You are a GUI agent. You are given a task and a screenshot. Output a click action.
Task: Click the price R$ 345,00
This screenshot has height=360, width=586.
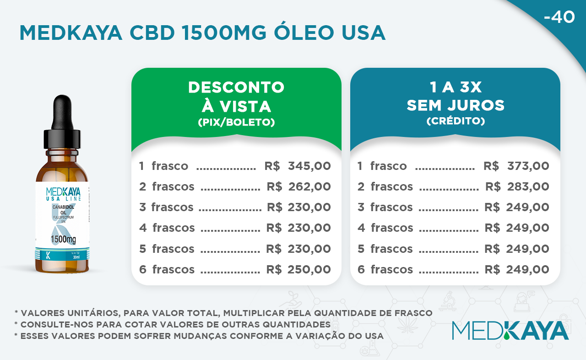(298, 166)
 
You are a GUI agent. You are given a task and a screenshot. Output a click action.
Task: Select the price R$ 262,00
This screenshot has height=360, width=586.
(299, 187)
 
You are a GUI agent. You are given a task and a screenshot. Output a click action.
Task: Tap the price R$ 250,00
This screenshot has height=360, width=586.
(298, 269)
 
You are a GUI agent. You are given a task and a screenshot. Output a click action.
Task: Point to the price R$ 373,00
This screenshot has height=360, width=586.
(516, 166)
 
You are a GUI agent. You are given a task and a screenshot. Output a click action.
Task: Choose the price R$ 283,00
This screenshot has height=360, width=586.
(517, 187)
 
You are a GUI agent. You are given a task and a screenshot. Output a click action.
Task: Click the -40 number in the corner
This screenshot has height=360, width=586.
(559, 17)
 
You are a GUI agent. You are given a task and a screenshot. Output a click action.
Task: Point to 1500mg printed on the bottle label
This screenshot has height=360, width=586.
(63, 239)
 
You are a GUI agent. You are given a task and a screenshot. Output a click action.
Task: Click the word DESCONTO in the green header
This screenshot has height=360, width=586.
(236, 87)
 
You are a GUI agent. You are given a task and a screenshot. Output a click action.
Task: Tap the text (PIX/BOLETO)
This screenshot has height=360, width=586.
(236, 122)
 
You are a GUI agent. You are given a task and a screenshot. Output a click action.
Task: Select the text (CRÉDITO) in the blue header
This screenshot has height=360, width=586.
(456, 121)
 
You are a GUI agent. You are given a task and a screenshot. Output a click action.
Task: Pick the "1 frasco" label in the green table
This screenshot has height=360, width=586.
(163, 166)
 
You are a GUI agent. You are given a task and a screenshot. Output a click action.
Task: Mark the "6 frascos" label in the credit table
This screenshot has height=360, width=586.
(385, 269)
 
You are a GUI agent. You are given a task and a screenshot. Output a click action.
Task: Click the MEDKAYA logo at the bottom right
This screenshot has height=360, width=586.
(510, 330)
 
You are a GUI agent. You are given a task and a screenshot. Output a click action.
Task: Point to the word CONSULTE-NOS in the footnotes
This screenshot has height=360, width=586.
(57, 324)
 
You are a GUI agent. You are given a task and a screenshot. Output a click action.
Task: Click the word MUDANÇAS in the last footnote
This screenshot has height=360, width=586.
(200, 337)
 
